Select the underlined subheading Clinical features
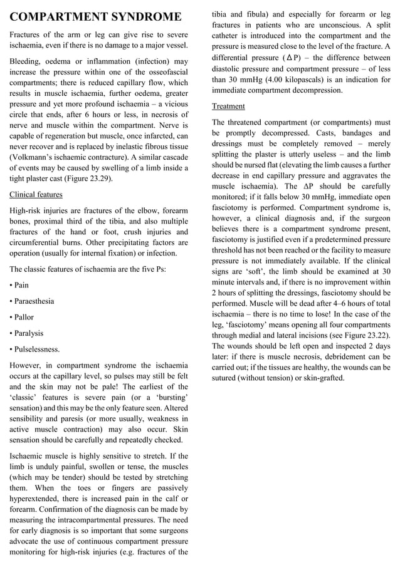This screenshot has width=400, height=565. [x=36, y=194]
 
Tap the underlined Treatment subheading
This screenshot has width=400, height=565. [x=228, y=106]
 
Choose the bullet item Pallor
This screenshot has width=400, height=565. [x=24, y=318]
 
